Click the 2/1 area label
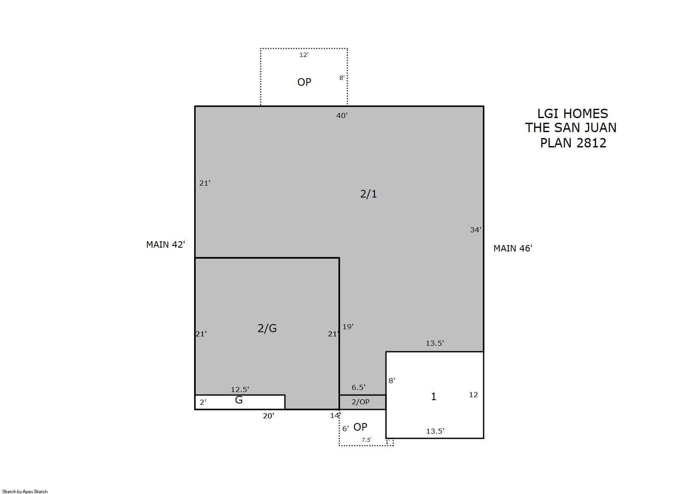pos(369,194)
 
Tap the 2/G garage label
pos(267,328)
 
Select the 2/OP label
pos(360,402)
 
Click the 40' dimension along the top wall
pos(342,116)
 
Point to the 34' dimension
pos(476,230)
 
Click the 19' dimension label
pos(348,327)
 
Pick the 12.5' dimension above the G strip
pos(240,390)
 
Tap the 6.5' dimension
pos(358,387)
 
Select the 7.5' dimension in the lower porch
pos(366,440)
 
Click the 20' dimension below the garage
pos(268,416)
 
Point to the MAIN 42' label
pos(166,245)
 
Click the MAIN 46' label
pos(513,248)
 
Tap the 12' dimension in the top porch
pos(304,55)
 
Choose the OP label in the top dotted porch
pos(304,82)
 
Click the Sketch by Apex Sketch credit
pos(25,491)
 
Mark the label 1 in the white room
pos(434,397)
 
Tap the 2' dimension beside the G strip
pos(203,402)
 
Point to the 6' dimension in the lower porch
pos(346,429)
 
